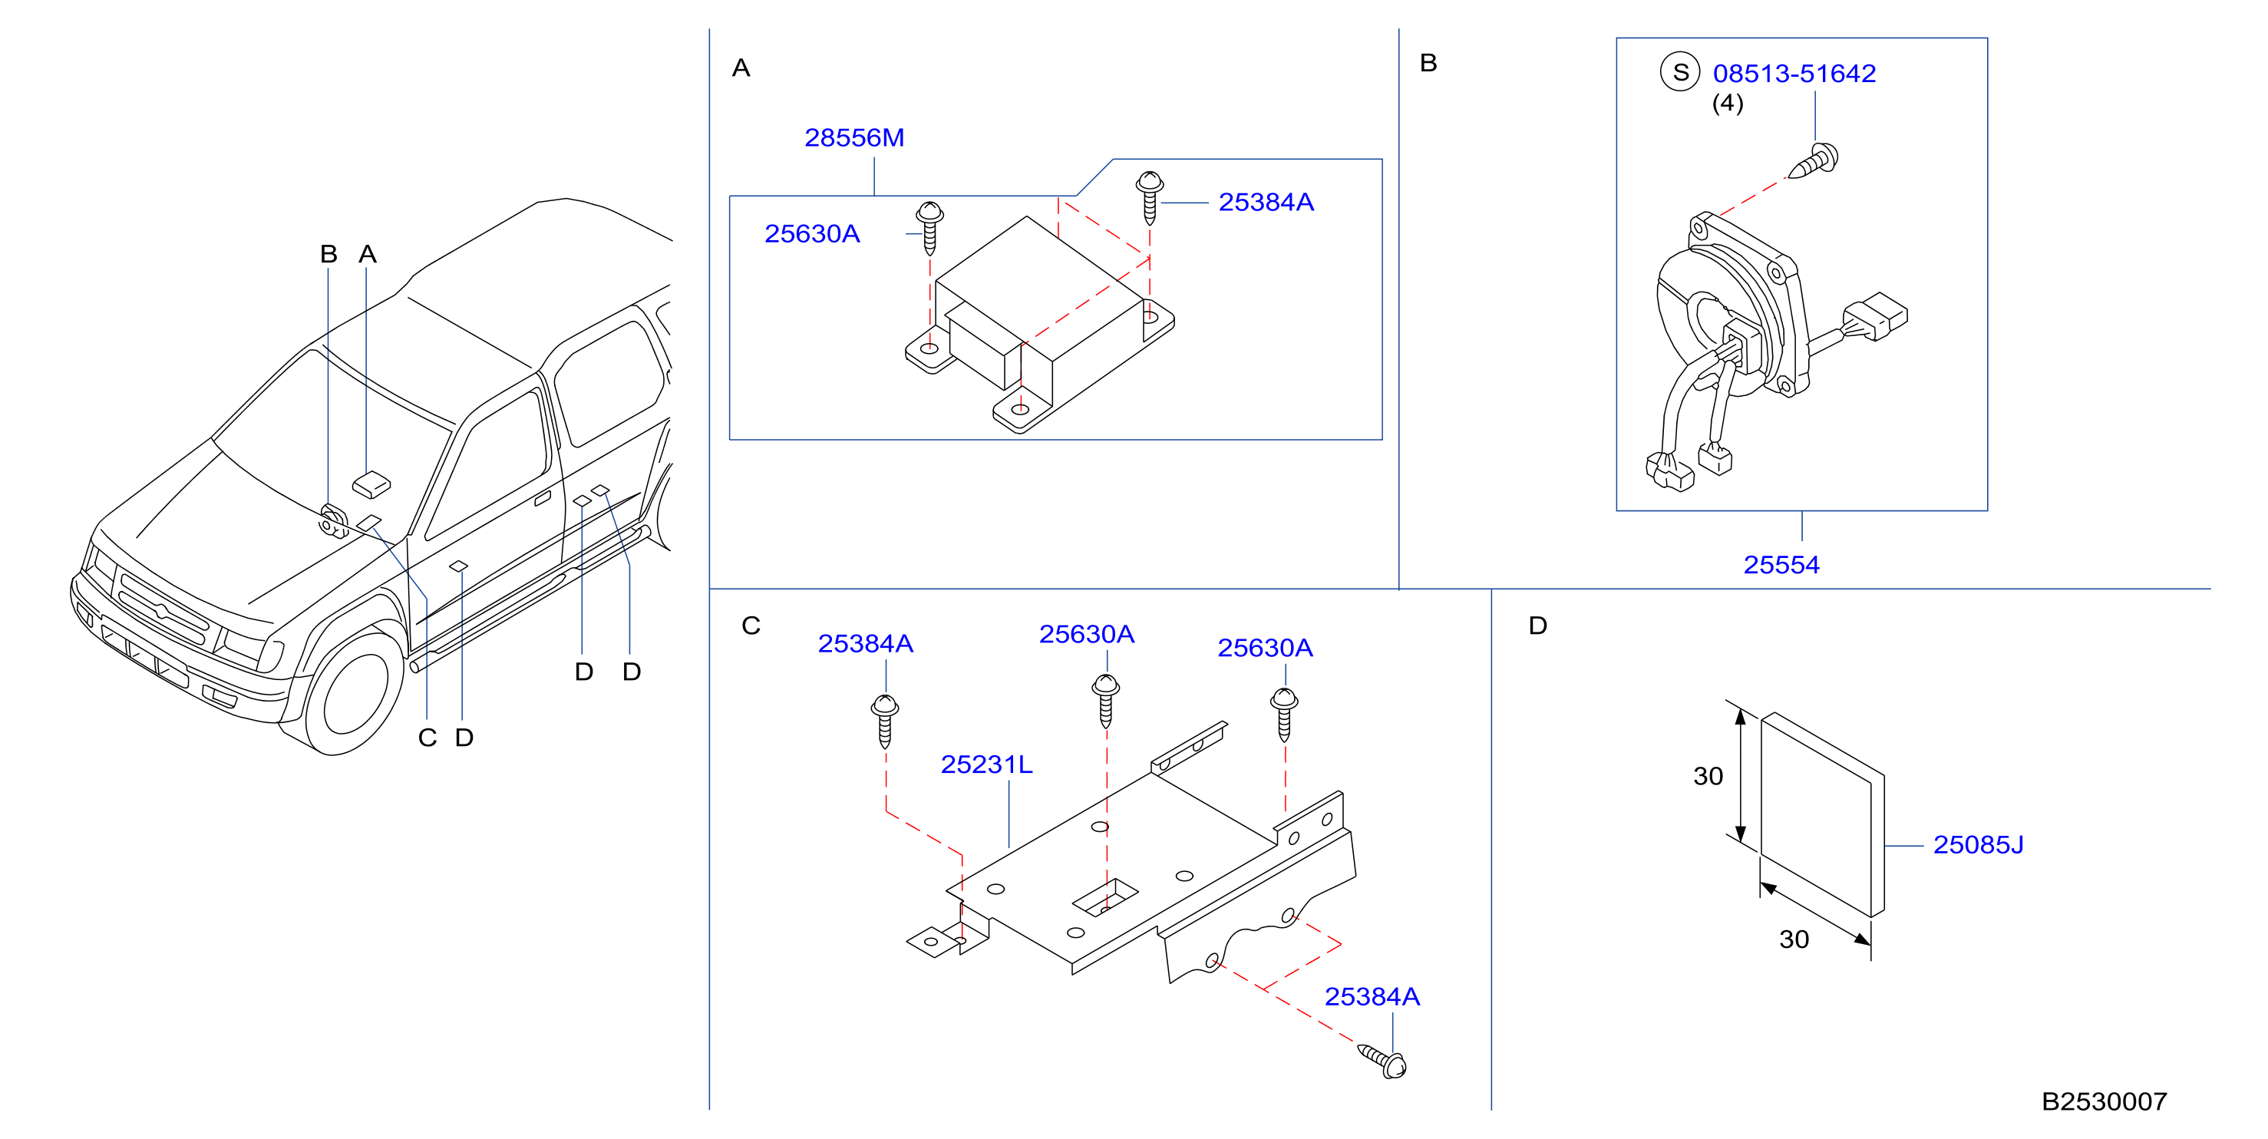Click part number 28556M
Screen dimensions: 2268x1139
pos(854,138)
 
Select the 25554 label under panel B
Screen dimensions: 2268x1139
pos(1781,565)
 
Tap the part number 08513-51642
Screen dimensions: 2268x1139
pos(1794,74)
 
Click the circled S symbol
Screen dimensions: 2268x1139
pos(1680,72)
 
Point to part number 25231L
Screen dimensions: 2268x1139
pos(986,765)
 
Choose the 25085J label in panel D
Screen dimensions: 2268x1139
pos(1979,845)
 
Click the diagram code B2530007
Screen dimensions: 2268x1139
pos(2105,1102)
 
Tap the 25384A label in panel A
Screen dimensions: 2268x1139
pos(1266,203)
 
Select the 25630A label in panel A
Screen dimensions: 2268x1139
pos(812,234)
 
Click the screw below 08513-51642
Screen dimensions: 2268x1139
pos(1814,162)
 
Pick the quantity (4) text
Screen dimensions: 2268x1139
pos(1728,104)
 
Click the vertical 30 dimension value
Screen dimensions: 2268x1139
pos(1708,777)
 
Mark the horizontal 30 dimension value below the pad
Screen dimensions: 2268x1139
pos(1794,940)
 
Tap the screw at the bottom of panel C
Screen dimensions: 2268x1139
pos(1382,1060)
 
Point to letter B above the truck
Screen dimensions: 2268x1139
pos(328,254)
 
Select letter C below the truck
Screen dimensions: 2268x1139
pos(428,738)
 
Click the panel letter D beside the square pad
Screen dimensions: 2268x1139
pos(1538,626)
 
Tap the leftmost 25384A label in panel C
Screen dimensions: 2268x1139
pos(866,644)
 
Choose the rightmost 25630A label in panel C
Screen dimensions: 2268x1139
pos(1265,649)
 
